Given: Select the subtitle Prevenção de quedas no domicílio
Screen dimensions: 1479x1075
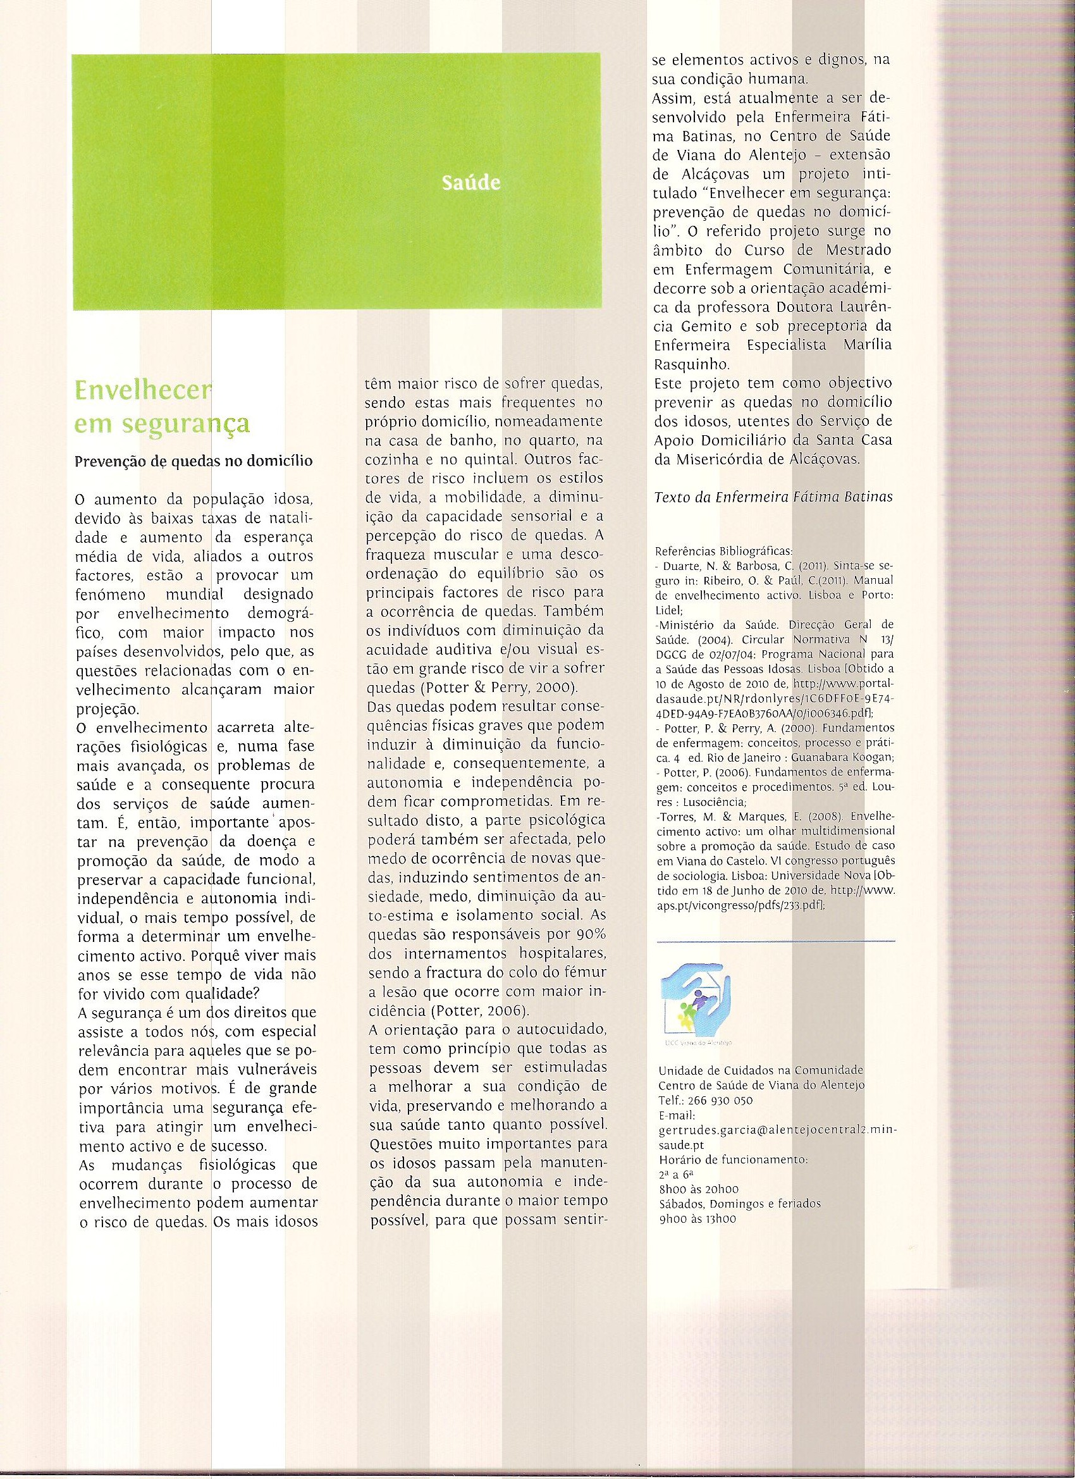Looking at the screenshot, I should click(x=193, y=461).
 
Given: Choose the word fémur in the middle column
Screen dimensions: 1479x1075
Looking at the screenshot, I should click(x=589, y=973).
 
